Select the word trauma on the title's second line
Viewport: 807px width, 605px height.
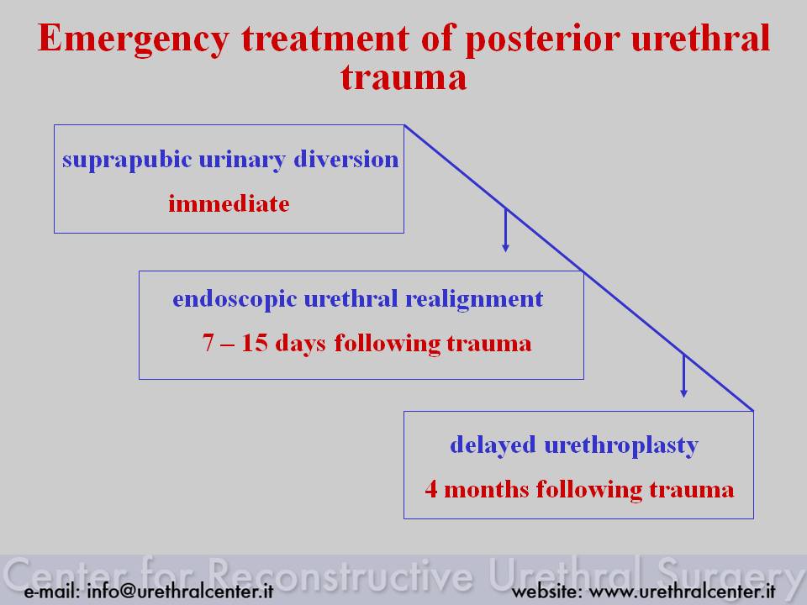pos(403,77)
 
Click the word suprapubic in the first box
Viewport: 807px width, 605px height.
pos(127,160)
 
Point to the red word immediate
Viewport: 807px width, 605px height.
pos(229,203)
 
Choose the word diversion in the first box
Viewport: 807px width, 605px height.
pos(345,159)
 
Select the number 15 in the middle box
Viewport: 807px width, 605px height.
pos(255,343)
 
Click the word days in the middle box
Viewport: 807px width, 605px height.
pos(300,344)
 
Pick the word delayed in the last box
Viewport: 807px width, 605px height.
pos(493,445)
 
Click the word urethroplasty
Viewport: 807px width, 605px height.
pos(621,445)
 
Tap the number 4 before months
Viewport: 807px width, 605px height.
pos(431,489)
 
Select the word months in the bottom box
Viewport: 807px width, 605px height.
pos(486,489)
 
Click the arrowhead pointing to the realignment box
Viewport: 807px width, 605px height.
pos(505,247)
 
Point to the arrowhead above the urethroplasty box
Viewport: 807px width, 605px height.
pos(683,392)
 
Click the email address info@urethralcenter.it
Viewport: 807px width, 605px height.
pos(180,591)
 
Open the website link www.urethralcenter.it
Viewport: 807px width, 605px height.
pos(682,591)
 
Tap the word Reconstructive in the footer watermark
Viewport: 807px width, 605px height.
pos(340,575)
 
